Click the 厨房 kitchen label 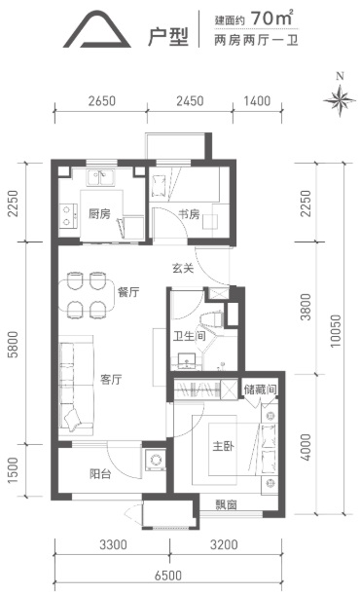pyautogui.click(x=99, y=214)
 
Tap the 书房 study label pyautogui.click(x=189, y=214)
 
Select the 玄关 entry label pyautogui.click(x=183, y=268)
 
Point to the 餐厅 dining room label pyautogui.click(x=128, y=292)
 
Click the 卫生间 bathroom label pyautogui.click(x=190, y=336)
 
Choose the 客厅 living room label pyautogui.click(x=111, y=379)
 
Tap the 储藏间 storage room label pyautogui.click(x=260, y=389)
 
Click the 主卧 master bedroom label pyautogui.click(x=224, y=446)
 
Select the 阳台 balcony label pyautogui.click(x=100, y=473)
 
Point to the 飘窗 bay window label pyautogui.click(x=227, y=504)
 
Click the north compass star pyautogui.click(x=340, y=100)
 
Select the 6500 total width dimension pyautogui.click(x=168, y=575)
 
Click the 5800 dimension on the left pyautogui.click(x=13, y=345)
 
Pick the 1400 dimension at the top pyautogui.click(x=257, y=100)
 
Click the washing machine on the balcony pyautogui.click(x=156, y=460)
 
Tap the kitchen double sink pyautogui.click(x=100, y=178)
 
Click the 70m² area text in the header pyautogui.click(x=271, y=18)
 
